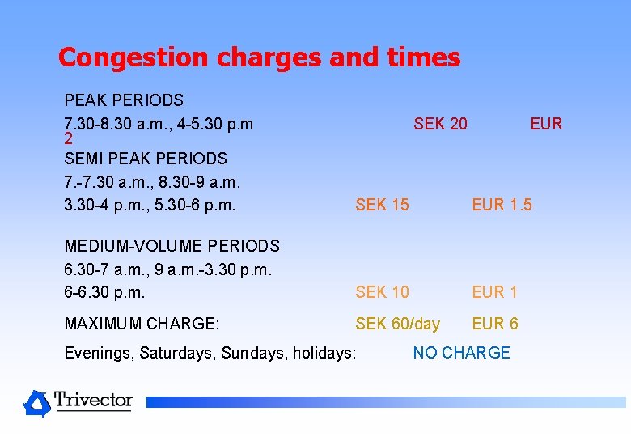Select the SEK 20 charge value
[440, 124]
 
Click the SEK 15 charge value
[382, 205]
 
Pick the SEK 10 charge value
[382, 291]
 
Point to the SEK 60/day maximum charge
[398, 324]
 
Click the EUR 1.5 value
[502, 205]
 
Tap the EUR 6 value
[495, 324]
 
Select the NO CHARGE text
[461, 353]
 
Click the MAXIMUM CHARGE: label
[142, 324]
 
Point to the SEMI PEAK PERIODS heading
[146, 159]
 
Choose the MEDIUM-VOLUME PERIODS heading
[172, 246]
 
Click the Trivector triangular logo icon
[36, 403]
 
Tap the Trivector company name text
[93, 400]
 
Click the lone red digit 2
[69, 139]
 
